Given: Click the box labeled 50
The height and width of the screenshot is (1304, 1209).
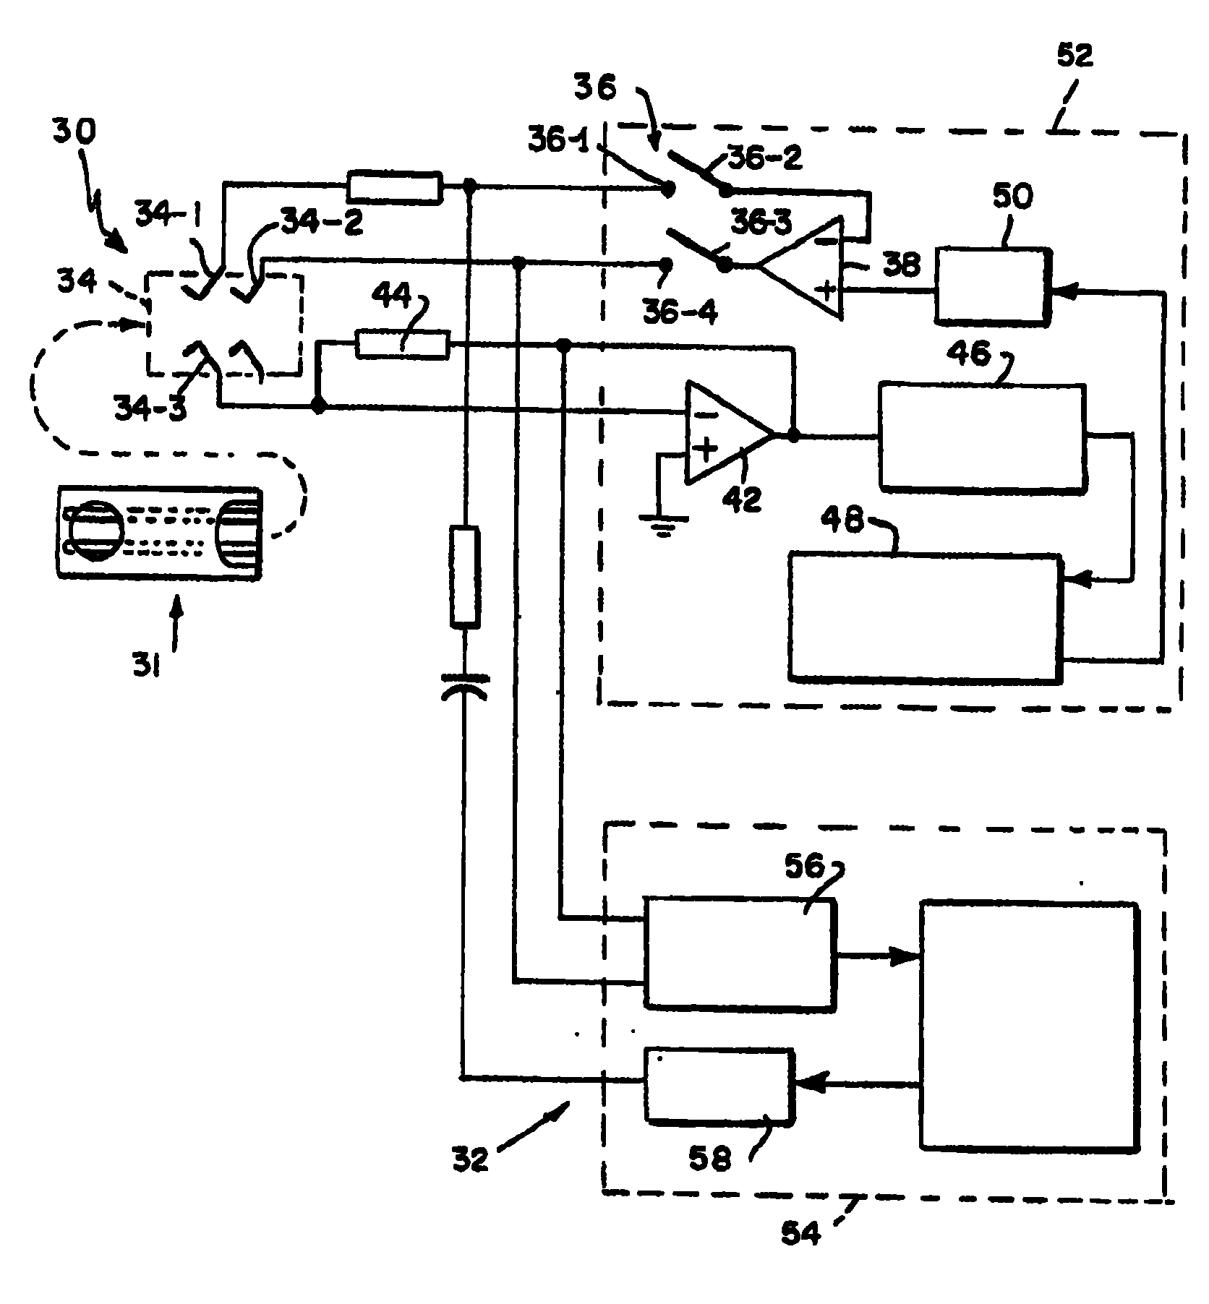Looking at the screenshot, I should pos(992,287).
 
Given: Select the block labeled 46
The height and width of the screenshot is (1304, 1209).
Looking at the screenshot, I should pos(982,438).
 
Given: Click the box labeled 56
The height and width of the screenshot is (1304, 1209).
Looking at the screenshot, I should pos(739,952).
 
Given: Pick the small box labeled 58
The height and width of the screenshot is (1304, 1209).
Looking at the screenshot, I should pos(719,1084).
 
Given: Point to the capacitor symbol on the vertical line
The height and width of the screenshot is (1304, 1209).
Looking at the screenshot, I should pos(463,687).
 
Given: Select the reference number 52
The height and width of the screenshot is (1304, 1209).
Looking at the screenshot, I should pos(1075,56).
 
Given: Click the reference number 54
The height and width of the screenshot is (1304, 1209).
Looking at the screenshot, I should pos(801,1232).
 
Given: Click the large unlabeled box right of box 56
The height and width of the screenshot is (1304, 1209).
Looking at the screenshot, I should pos(1028,1024).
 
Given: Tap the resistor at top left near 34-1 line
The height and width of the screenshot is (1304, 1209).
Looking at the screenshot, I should pos(394,187).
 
